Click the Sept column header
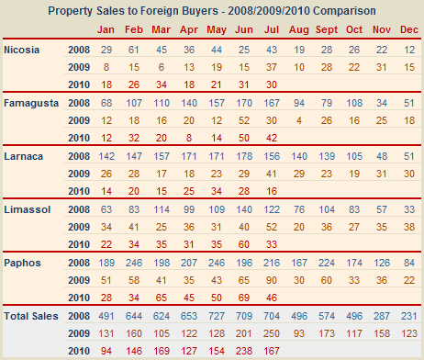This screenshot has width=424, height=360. point(327,29)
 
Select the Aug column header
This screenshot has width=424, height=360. point(299,30)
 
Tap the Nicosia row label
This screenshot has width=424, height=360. point(22,50)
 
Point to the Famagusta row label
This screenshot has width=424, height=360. point(31,103)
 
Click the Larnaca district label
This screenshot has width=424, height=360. point(24,156)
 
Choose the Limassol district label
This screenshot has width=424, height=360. point(28,209)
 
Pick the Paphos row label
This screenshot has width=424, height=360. point(22,263)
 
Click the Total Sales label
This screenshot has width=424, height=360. point(31,316)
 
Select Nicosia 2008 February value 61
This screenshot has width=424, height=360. point(134,50)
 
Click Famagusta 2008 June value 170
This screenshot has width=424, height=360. point(244,103)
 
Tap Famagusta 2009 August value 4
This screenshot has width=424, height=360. point(299,120)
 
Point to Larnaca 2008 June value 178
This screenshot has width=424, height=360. point(244,156)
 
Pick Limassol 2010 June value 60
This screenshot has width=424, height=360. point(244,244)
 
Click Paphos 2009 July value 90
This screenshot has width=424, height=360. point(272,280)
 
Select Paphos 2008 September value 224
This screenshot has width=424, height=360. point(327,263)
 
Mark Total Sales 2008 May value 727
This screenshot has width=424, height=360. point(217,316)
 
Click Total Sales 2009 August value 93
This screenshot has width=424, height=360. point(299,333)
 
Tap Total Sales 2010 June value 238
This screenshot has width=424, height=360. point(244,351)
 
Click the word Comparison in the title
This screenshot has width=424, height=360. point(344,11)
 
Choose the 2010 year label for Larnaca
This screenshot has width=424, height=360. point(79,191)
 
